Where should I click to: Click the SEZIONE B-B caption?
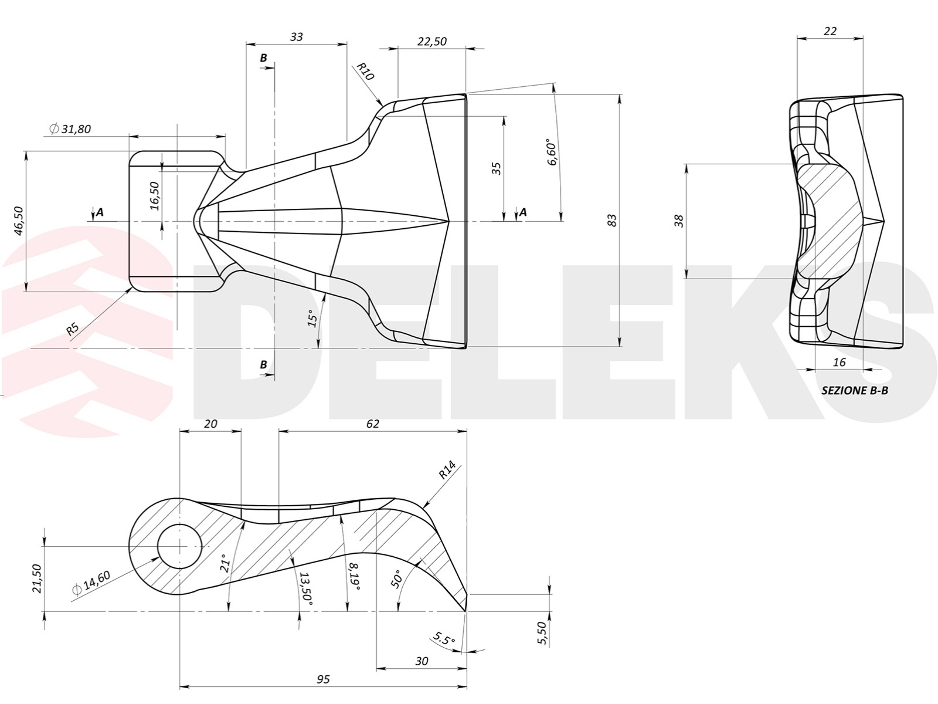tap(855, 390)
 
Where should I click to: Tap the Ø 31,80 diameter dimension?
tap(70, 128)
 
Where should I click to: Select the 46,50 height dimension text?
tap(19, 221)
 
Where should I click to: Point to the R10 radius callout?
tap(365, 72)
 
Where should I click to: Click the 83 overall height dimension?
tap(612, 221)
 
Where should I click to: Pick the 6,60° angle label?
tap(551, 152)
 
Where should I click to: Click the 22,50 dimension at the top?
tap(432, 42)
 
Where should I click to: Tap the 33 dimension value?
tap(297, 37)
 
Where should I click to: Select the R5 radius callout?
tap(73, 329)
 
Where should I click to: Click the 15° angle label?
tap(312, 318)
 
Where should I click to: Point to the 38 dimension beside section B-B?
tap(678, 221)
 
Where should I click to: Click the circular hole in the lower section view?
tap(179, 546)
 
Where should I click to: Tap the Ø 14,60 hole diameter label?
tap(91, 583)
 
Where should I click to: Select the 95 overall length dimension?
tap(323, 679)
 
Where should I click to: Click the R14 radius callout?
tap(447, 470)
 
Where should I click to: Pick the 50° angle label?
tap(396, 579)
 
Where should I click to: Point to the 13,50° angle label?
tap(306, 589)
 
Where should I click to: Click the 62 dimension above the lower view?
tap(373, 424)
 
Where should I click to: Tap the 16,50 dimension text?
tap(155, 196)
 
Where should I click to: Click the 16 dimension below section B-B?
tap(840, 363)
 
